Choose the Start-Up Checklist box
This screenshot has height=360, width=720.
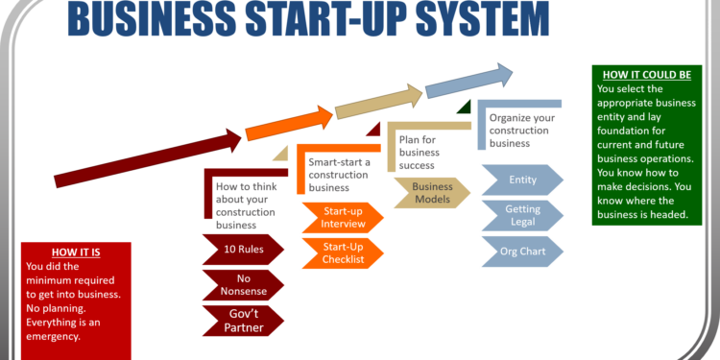tap(342, 253)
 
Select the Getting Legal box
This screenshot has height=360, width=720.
tap(521, 214)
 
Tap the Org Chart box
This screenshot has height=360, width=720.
tap(521, 251)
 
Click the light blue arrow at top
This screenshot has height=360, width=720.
tap(469, 81)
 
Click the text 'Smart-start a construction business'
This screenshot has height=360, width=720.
tap(338, 174)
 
